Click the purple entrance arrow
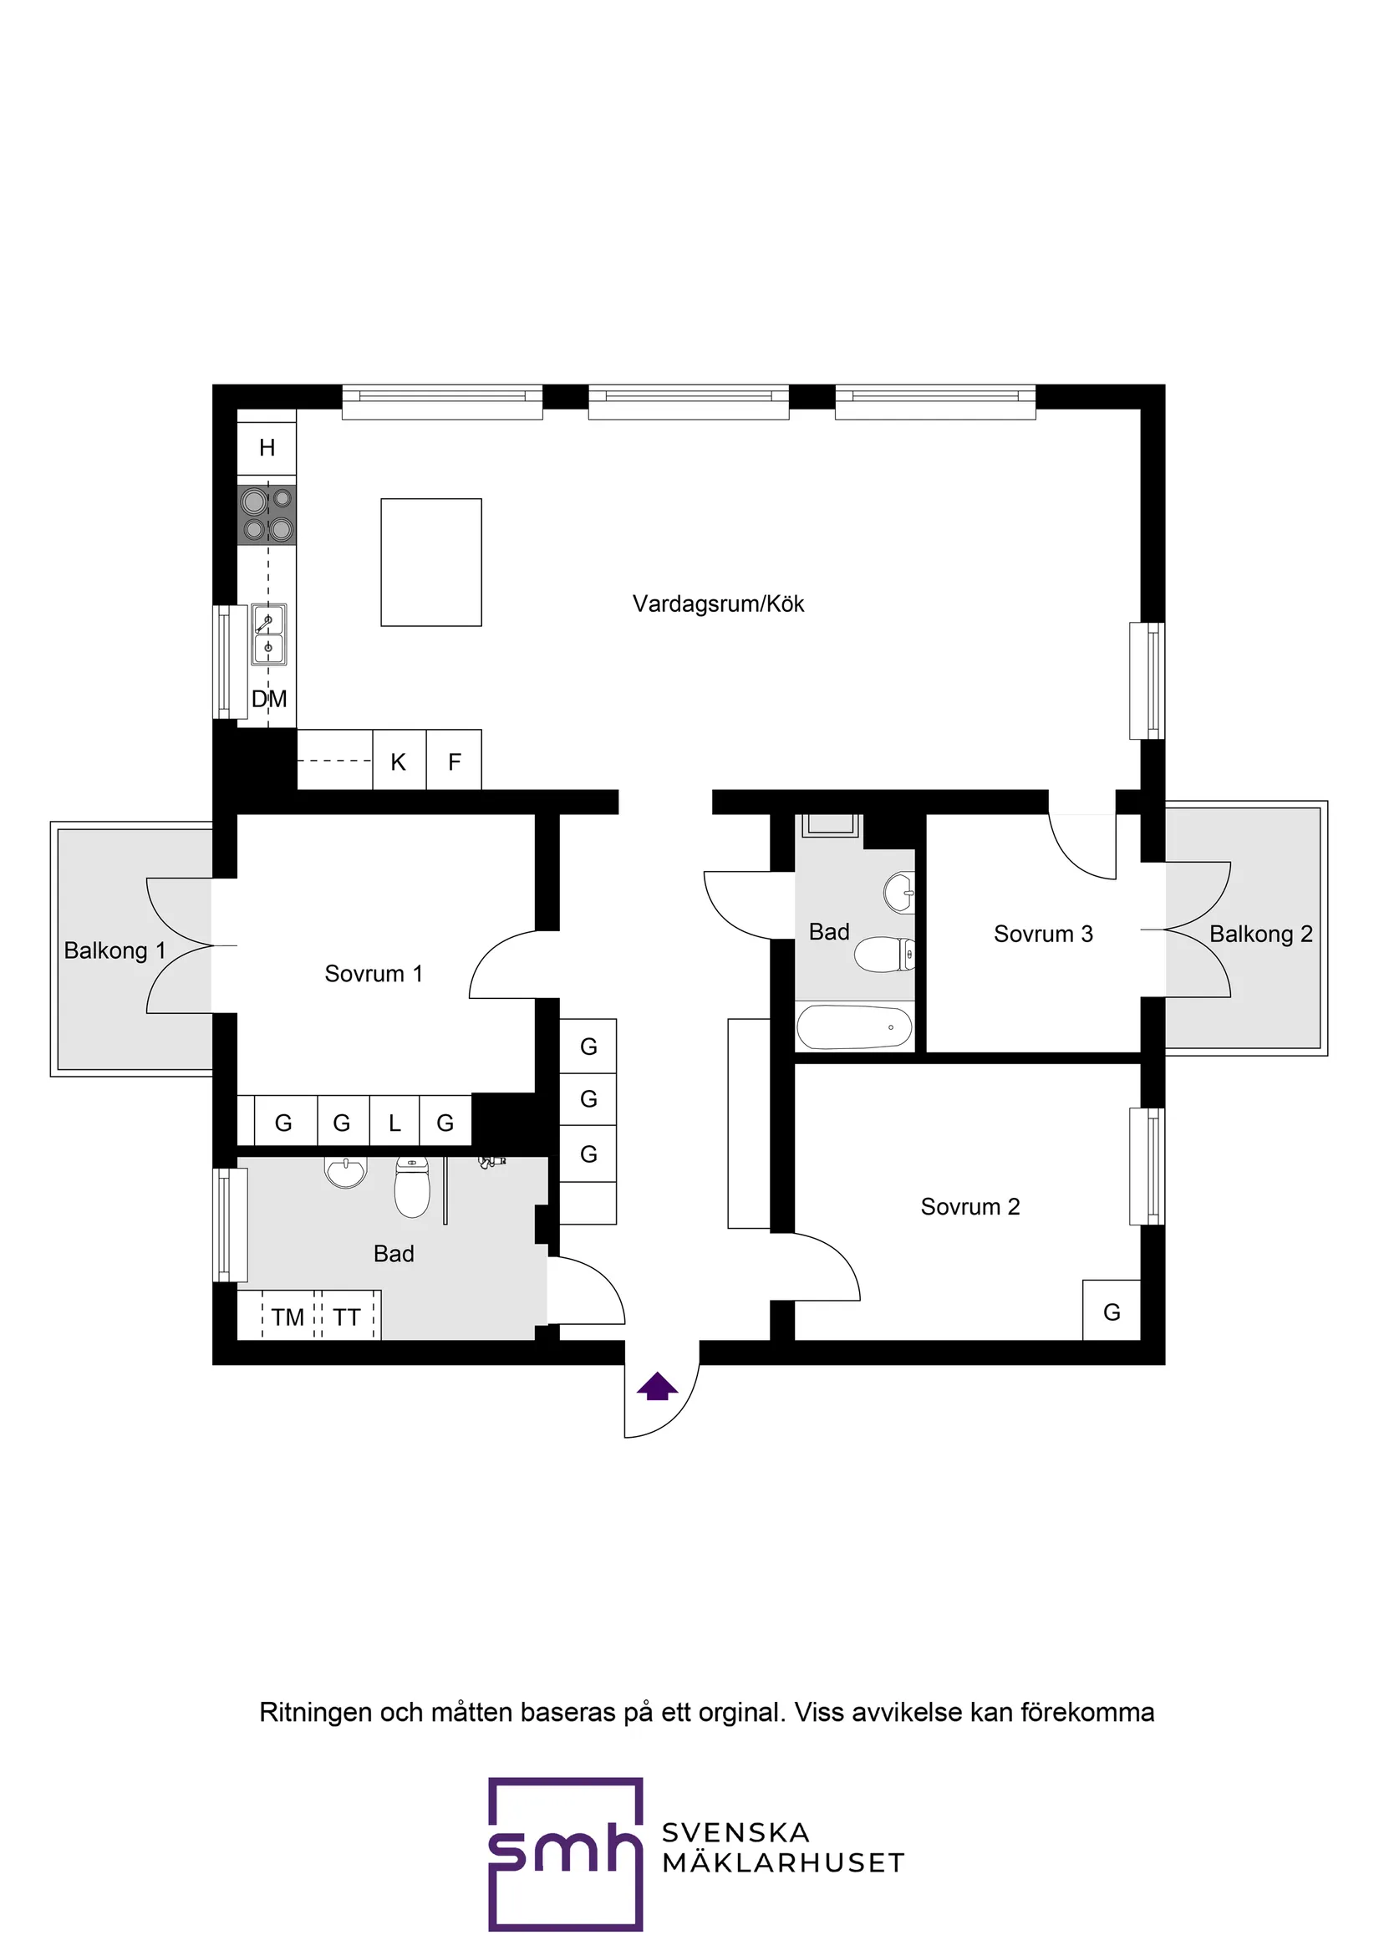pyautogui.click(x=658, y=1388)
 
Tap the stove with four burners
pyautogui.click(x=267, y=515)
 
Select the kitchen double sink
pyautogui.click(x=268, y=634)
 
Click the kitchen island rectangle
pyautogui.click(x=430, y=562)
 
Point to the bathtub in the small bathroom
pyautogui.click(x=854, y=1027)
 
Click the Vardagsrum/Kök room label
pyautogui.click(x=718, y=604)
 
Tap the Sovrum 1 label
pyautogui.click(x=373, y=974)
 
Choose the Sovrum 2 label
pyautogui.click(x=969, y=1207)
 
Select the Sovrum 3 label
pyautogui.click(x=1042, y=934)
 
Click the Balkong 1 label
pyautogui.click(x=114, y=950)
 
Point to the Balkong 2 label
pyautogui.click(x=1260, y=934)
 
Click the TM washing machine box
pyautogui.click(x=288, y=1317)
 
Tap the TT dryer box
pyautogui.click(x=347, y=1317)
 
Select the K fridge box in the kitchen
pyautogui.click(x=399, y=762)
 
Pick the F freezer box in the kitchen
pyautogui.click(x=455, y=762)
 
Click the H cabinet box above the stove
pyautogui.click(x=267, y=447)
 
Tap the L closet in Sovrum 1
pyautogui.click(x=394, y=1123)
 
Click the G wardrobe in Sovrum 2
pyautogui.click(x=1111, y=1312)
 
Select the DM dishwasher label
pyautogui.click(x=269, y=700)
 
